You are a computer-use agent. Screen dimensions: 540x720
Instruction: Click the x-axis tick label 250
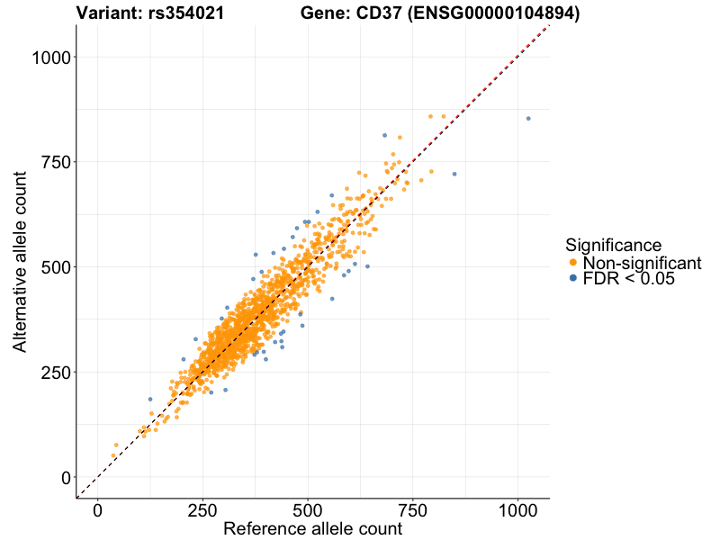pos(202,510)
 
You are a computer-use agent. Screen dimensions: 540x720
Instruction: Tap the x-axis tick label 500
pos(308,510)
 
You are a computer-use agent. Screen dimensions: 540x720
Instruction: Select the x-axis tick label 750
pos(413,510)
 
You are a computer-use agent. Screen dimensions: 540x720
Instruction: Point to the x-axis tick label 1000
pos(518,510)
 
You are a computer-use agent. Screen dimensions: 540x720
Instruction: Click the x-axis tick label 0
pos(97,510)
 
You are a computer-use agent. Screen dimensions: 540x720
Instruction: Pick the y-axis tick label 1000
pos(51,58)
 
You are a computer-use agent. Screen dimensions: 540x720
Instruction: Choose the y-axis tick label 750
pos(56,162)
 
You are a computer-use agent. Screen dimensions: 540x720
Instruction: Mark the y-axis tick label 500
pos(56,267)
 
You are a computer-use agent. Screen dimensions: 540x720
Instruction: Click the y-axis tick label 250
pos(56,372)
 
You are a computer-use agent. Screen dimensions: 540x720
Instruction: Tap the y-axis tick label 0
pos(66,477)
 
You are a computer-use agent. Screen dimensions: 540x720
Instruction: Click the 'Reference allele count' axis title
pos(312,529)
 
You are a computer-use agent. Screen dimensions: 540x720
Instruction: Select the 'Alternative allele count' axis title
pos(19,260)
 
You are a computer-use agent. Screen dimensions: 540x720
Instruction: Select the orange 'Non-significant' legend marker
pos(573,263)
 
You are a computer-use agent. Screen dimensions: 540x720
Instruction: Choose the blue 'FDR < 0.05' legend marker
pos(573,279)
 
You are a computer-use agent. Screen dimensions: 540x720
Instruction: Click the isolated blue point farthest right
pos(528,119)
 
